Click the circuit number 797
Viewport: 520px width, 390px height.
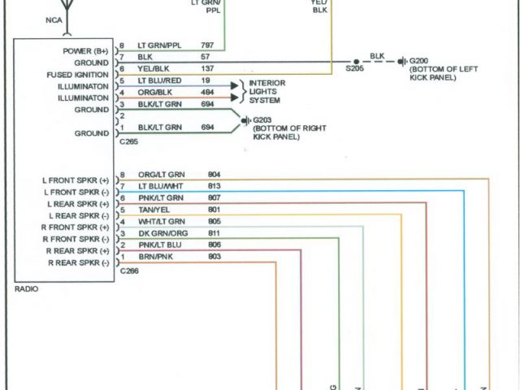[x=207, y=46]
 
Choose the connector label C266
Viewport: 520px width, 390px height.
[x=128, y=272]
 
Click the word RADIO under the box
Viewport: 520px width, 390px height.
[x=26, y=288]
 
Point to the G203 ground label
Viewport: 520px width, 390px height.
[x=262, y=119]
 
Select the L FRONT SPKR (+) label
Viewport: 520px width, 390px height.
[x=76, y=180]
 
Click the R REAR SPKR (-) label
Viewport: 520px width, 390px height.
[x=78, y=263]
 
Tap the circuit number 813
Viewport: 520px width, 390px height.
[x=214, y=186]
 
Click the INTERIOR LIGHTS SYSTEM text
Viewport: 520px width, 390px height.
[x=266, y=92]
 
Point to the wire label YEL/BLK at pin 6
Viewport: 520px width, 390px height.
[x=153, y=70]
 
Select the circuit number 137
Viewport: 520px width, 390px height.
[x=207, y=70]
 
